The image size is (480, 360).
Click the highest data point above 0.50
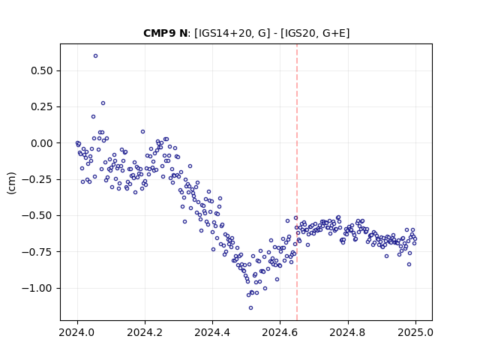(95, 56)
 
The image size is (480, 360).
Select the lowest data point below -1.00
(250, 308)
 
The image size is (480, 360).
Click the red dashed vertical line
(297, 182)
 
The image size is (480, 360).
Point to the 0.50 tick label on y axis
(42, 70)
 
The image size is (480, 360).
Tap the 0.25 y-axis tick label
(42, 106)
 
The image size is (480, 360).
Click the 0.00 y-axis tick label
(42, 143)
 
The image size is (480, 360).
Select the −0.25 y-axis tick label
(37, 179)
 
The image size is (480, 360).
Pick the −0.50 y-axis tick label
(37, 216)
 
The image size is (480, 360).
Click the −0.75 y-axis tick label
(37, 252)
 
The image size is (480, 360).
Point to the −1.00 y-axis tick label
(37, 288)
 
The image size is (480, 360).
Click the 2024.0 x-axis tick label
(77, 332)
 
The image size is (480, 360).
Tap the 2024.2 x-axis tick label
(145, 332)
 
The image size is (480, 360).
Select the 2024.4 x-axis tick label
(212, 332)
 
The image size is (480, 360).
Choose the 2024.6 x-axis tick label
(280, 332)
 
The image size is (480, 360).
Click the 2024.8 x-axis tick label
(348, 332)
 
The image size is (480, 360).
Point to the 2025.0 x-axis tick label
(415, 332)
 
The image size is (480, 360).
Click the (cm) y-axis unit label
(11, 183)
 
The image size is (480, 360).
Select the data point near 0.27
(103, 103)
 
